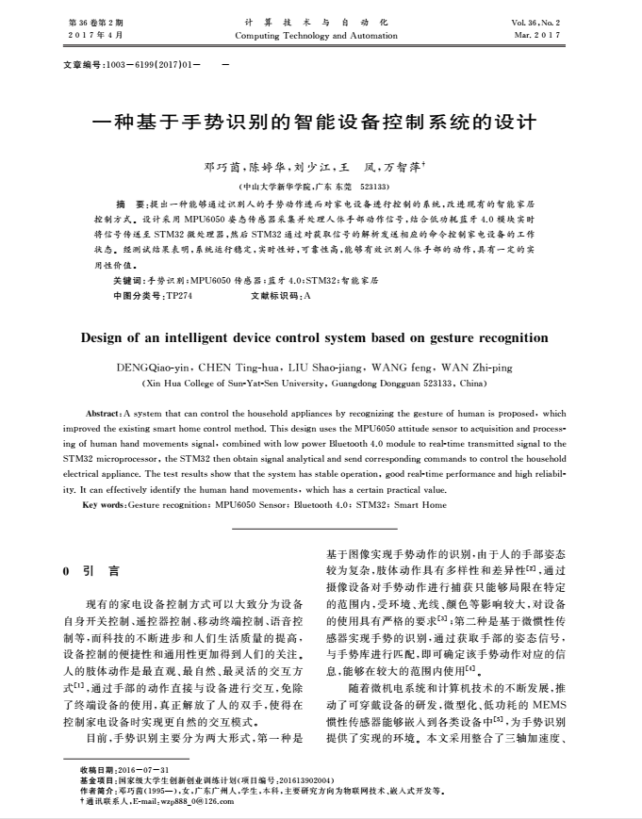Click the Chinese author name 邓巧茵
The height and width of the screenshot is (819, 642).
(x=221, y=168)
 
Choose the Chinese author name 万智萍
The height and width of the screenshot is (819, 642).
(x=401, y=168)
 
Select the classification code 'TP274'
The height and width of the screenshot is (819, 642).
(x=179, y=295)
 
